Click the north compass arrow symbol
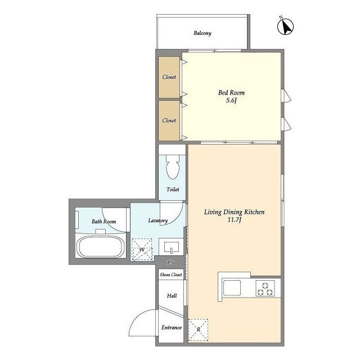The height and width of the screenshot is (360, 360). point(285,26)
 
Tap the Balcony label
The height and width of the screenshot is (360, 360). point(202,33)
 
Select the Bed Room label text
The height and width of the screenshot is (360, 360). point(231,92)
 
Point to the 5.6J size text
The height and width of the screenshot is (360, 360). point(231,100)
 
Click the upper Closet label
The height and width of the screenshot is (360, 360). point(169,77)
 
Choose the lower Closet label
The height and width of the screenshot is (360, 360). point(169,120)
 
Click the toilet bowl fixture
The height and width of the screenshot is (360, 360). point(173,167)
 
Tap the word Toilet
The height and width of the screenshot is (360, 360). point(173,190)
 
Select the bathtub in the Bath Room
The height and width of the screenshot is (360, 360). point(101,247)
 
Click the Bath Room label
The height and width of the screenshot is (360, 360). point(103,222)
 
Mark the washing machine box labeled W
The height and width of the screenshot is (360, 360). point(142,250)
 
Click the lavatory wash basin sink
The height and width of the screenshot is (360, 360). point(171,247)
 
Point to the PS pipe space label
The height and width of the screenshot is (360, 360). point(170,263)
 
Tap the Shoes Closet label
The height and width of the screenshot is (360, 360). point(171,274)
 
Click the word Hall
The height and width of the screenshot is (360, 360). point(172,296)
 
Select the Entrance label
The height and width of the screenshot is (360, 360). point(172,327)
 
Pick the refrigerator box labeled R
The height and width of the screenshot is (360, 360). point(198,330)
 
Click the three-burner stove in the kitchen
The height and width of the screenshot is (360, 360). point(265,288)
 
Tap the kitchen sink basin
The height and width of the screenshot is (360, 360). point(232,287)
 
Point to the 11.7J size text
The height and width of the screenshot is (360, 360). point(234,220)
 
